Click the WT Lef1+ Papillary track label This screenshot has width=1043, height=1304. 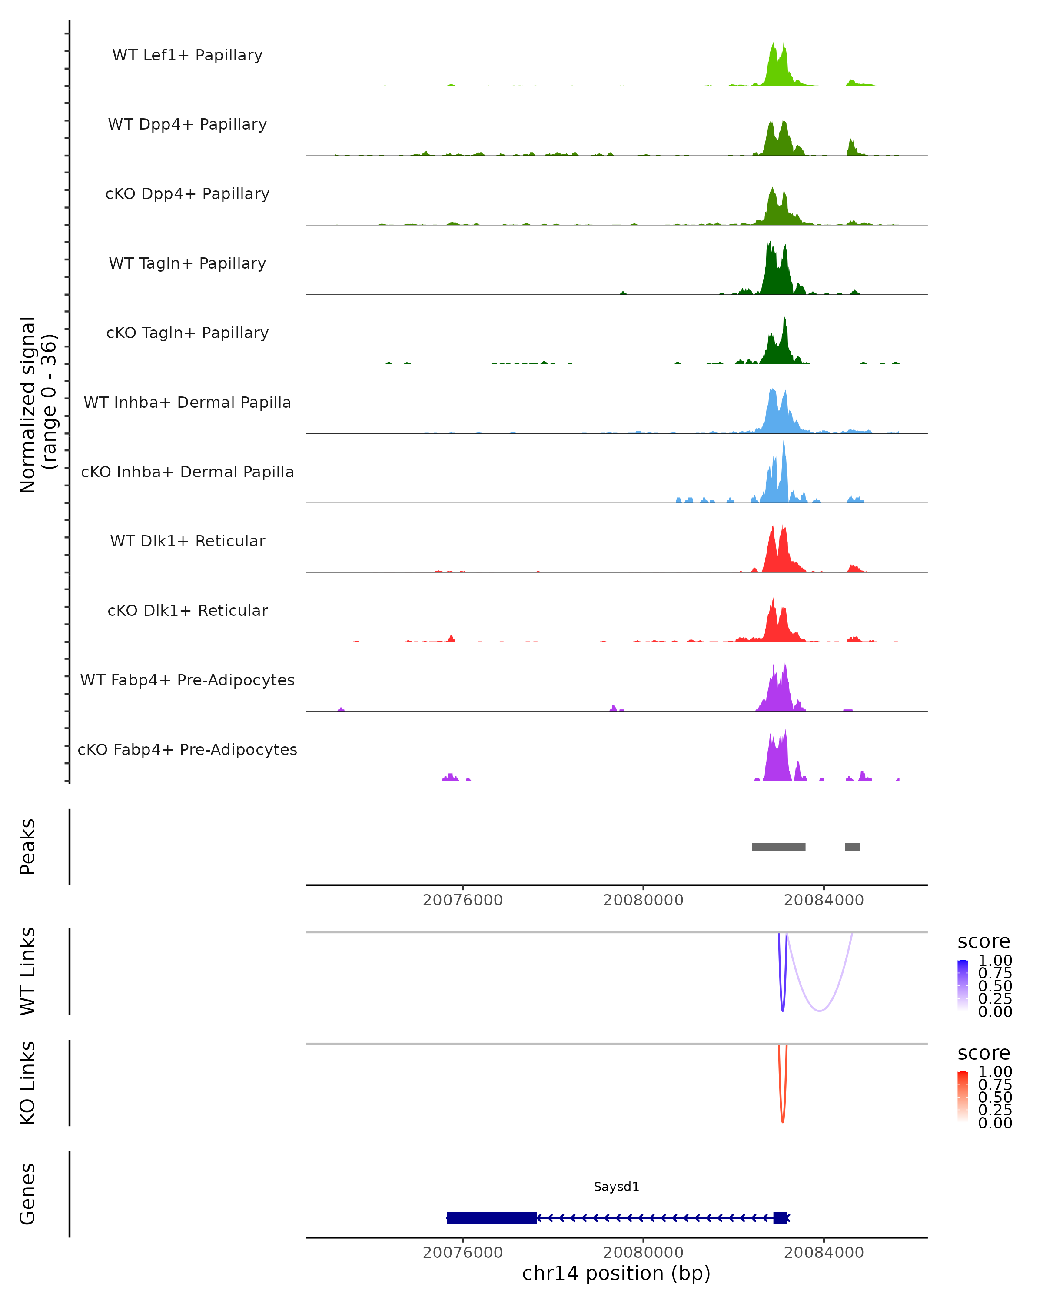click(187, 55)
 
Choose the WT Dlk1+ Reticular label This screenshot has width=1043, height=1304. click(187, 541)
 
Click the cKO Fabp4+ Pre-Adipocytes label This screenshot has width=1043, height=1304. click(187, 749)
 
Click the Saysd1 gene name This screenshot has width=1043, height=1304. click(616, 1187)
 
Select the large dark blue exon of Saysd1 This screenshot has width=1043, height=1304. click(492, 1218)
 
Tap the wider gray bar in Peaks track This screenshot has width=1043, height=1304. click(778, 847)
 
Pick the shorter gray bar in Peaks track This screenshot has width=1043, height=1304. click(852, 847)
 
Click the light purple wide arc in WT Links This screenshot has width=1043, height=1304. click(819, 1010)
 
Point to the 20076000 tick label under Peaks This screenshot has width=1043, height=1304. click(462, 900)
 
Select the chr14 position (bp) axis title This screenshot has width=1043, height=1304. click(616, 1274)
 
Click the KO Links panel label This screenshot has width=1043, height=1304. click(28, 1083)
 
